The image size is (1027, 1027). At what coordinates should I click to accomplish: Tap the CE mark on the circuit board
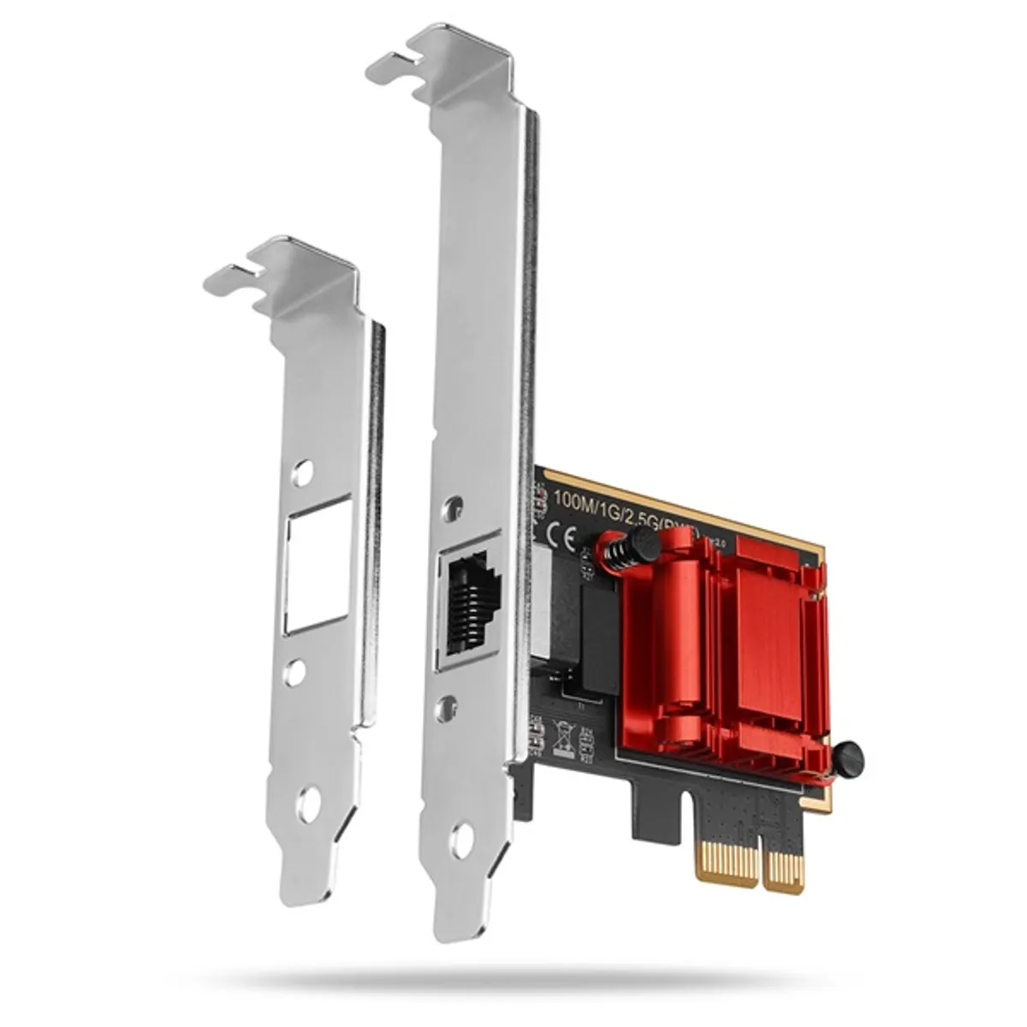[566, 537]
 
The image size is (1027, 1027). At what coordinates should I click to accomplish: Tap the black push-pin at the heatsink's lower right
[846, 758]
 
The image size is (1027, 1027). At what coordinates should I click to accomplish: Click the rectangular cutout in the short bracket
[318, 564]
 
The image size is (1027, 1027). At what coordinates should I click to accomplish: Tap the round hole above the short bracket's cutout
[301, 472]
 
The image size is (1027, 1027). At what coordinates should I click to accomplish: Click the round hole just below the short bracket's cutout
[294, 673]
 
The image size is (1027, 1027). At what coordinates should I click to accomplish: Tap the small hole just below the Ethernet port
[445, 709]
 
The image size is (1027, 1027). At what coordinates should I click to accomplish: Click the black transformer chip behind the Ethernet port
[599, 638]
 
